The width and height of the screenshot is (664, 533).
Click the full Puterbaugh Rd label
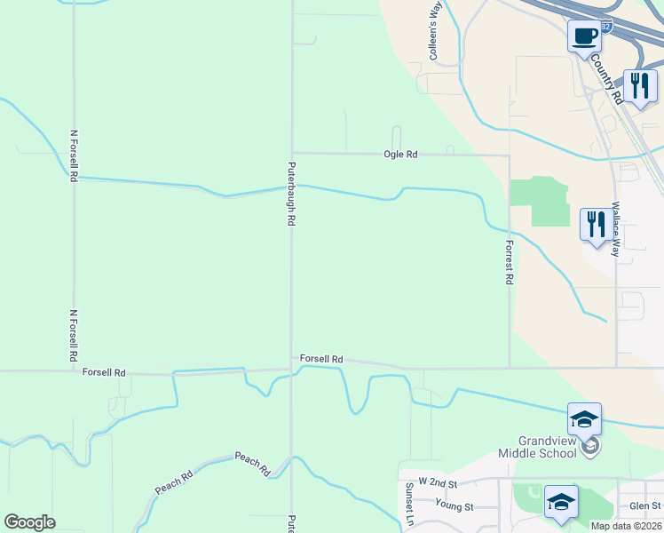point(290,194)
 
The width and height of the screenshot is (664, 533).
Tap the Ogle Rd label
point(399,155)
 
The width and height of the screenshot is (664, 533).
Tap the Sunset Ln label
point(409,505)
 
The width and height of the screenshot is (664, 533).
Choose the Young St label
point(455,505)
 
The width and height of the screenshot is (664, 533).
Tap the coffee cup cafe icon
point(583,37)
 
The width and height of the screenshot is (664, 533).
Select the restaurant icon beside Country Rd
point(639,86)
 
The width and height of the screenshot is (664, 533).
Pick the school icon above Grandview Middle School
point(584,419)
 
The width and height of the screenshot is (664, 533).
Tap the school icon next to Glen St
point(560,502)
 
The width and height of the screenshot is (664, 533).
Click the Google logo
point(29,522)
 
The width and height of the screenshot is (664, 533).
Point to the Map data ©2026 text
point(626,526)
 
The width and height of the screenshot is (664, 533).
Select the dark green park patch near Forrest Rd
point(541,201)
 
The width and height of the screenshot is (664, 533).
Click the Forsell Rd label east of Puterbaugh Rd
point(321,359)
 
